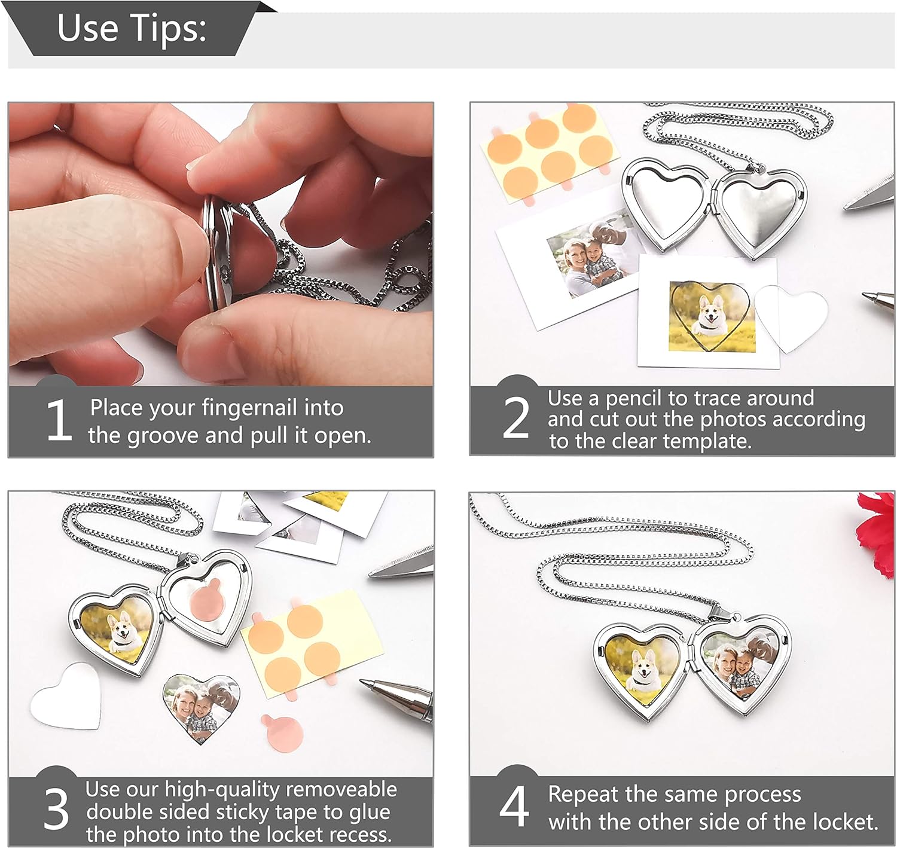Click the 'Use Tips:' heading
click(132, 28)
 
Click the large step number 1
click(59, 420)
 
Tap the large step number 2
click(515, 417)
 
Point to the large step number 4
click(514, 806)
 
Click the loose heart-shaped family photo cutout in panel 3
click(201, 707)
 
